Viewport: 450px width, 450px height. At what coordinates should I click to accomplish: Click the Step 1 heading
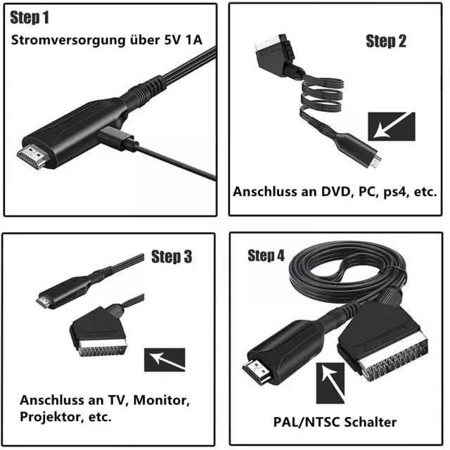coord(30,18)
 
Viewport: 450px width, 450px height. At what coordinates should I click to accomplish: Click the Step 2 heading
coord(386,41)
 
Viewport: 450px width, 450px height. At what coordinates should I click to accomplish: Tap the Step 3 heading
coord(172,256)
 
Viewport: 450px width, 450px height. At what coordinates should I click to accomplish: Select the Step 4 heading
coord(266,255)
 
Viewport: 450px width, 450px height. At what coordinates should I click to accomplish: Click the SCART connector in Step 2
coord(276,55)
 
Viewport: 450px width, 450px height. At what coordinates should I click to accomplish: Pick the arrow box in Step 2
coord(392,127)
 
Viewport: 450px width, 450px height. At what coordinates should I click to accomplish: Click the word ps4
coord(395,192)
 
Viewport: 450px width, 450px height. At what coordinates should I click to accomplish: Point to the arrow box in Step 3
coord(165,359)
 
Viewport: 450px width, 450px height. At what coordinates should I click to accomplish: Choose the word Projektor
coord(49,417)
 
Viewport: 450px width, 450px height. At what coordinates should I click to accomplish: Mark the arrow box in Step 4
coord(330,383)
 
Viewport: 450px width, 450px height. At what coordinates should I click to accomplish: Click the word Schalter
coord(371,422)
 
